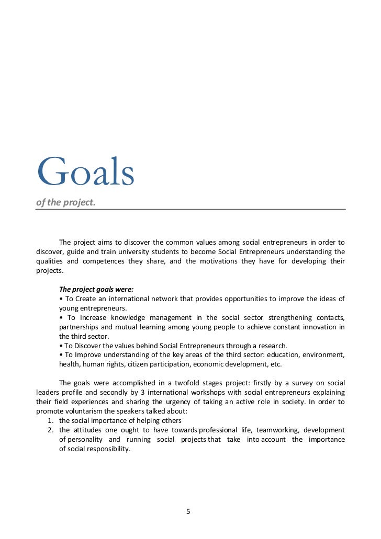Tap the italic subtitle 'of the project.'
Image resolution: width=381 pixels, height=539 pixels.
(x=66, y=202)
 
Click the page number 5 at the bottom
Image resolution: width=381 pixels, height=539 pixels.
(x=188, y=511)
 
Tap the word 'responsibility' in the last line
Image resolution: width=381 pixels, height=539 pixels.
(x=107, y=449)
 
